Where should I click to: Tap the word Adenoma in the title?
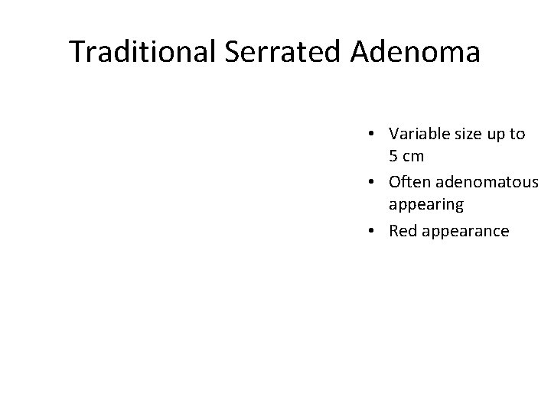pos(417,53)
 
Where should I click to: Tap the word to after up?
pos(518,134)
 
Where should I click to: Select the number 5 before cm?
pos(393,158)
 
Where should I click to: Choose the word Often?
pos(409,182)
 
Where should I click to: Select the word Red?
pos(403,230)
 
